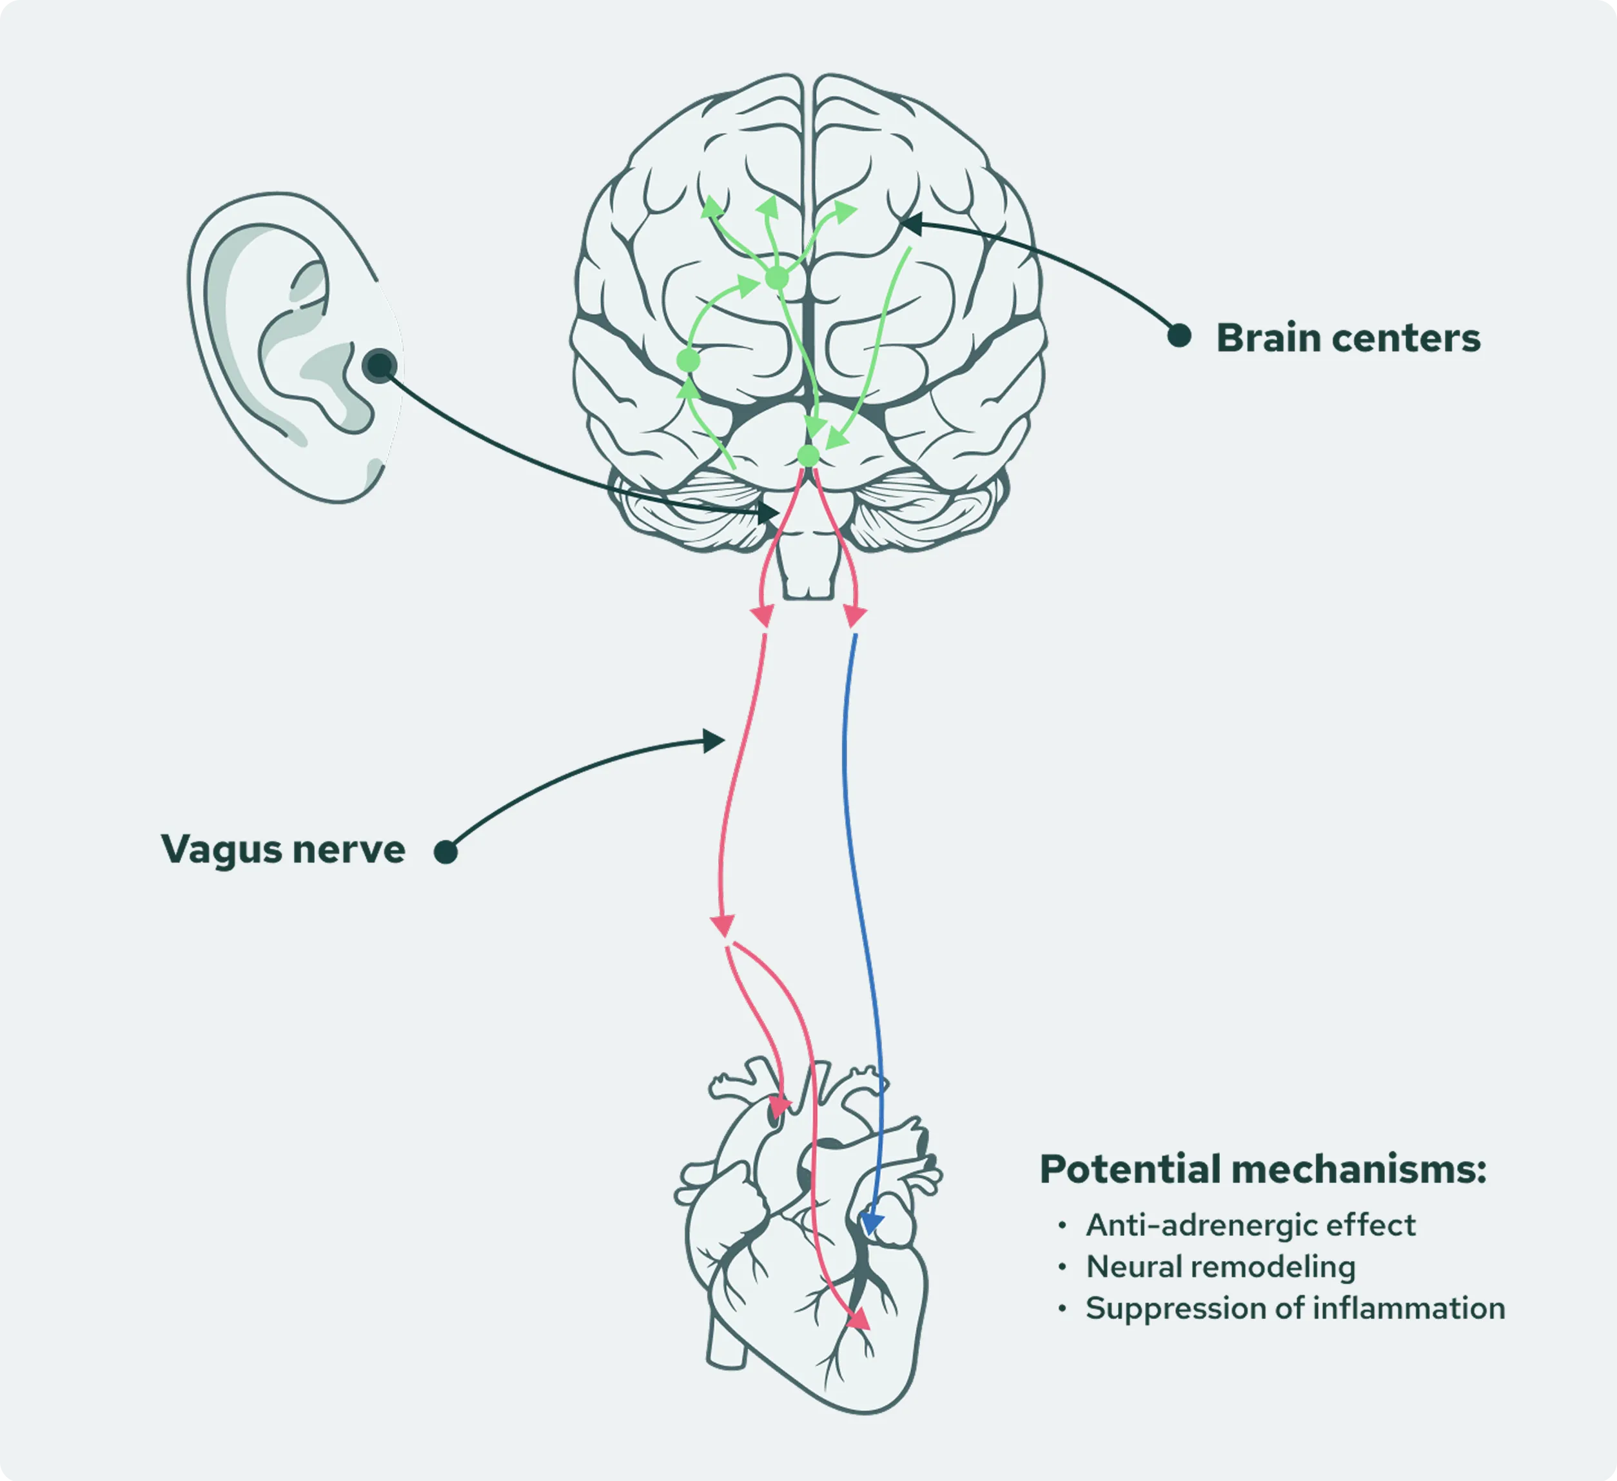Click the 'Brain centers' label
(1347, 338)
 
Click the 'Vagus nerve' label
(282, 849)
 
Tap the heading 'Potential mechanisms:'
(1262, 1169)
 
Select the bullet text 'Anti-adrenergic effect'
(1249, 1225)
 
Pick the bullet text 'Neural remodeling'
(1220, 1267)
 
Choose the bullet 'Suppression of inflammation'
(1295, 1309)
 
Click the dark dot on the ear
(378, 366)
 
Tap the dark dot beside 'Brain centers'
(1179, 335)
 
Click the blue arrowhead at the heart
(870, 1223)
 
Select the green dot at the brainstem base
(808, 455)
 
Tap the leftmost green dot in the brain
(688, 361)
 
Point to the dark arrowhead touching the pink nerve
(713, 740)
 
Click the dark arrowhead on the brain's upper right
(910, 224)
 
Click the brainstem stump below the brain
(808, 570)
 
